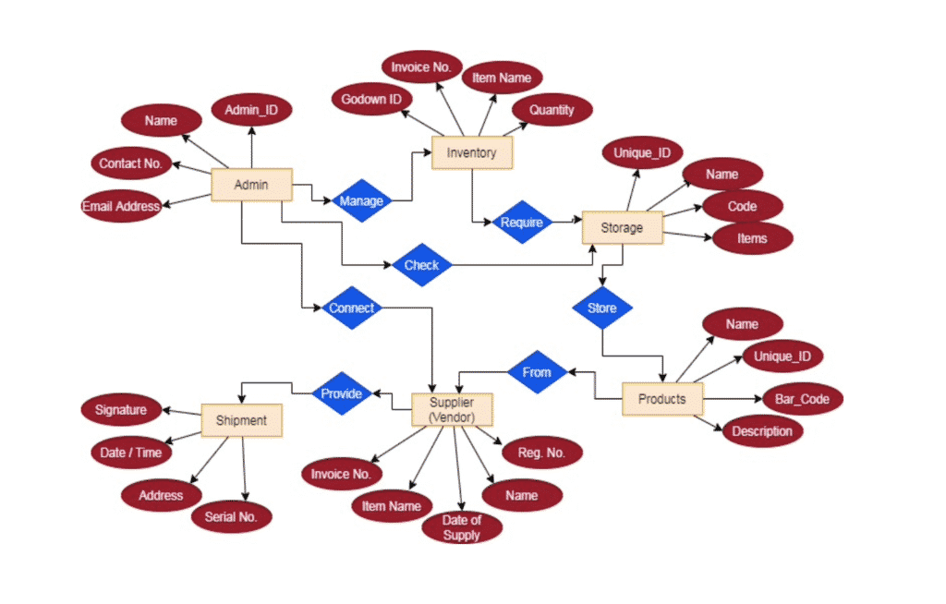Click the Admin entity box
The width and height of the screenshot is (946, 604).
coord(251,185)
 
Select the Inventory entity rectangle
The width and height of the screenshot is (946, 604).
coord(471,152)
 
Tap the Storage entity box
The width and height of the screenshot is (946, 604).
coord(622,227)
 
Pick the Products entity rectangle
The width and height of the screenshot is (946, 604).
coord(661,399)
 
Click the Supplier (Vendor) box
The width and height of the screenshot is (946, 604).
coord(452,410)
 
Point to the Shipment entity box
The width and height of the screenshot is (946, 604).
coord(241,420)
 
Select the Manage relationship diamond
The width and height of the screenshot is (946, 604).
coord(361,200)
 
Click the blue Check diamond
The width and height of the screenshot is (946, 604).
coord(421,266)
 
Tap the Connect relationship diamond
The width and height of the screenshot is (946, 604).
coord(352,308)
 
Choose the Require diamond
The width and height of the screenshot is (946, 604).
coord(522,222)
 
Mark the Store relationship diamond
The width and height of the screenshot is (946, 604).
coord(601,308)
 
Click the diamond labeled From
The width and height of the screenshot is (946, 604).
coord(536,372)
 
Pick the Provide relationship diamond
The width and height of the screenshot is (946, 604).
coord(341,393)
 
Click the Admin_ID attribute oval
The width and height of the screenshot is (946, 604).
coord(251,112)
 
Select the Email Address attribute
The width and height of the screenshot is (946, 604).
coord(121,206)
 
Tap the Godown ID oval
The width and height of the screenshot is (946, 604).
coord(370,100)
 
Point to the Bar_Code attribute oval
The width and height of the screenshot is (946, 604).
coord(802,399)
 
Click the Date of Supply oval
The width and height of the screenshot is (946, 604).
coord(462,528)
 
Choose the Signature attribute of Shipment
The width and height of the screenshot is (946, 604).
coord(121,409)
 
